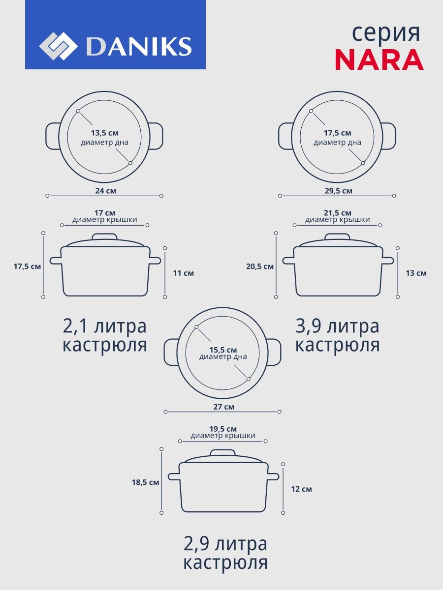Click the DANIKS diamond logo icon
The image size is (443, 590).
(x=58, y=47)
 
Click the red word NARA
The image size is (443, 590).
(x=379, y=60)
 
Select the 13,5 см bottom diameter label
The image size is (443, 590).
(x=104, y=133)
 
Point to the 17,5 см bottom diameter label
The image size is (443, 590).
(x=337, y=133)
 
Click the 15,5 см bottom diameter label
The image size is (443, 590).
(x=223, y=349)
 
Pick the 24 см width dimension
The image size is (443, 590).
(x=105, y=190)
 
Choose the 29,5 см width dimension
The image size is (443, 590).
(x=337, y=190)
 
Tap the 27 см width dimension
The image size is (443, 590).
(x=223, y=407)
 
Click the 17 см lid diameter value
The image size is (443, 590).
(x=105, y=213)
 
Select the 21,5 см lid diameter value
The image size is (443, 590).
(x=337, y=213)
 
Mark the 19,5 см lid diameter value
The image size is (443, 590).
(x=223, y=429)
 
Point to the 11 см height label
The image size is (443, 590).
(x=184, y=273)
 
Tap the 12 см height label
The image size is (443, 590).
(x=301, y=489)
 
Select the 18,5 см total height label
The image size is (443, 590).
(x=145, y=482)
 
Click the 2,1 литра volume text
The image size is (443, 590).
(x=104, y=326)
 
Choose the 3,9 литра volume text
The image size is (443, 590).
(x=337, y=326)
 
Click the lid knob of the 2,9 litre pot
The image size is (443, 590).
(x=223, y=452)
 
